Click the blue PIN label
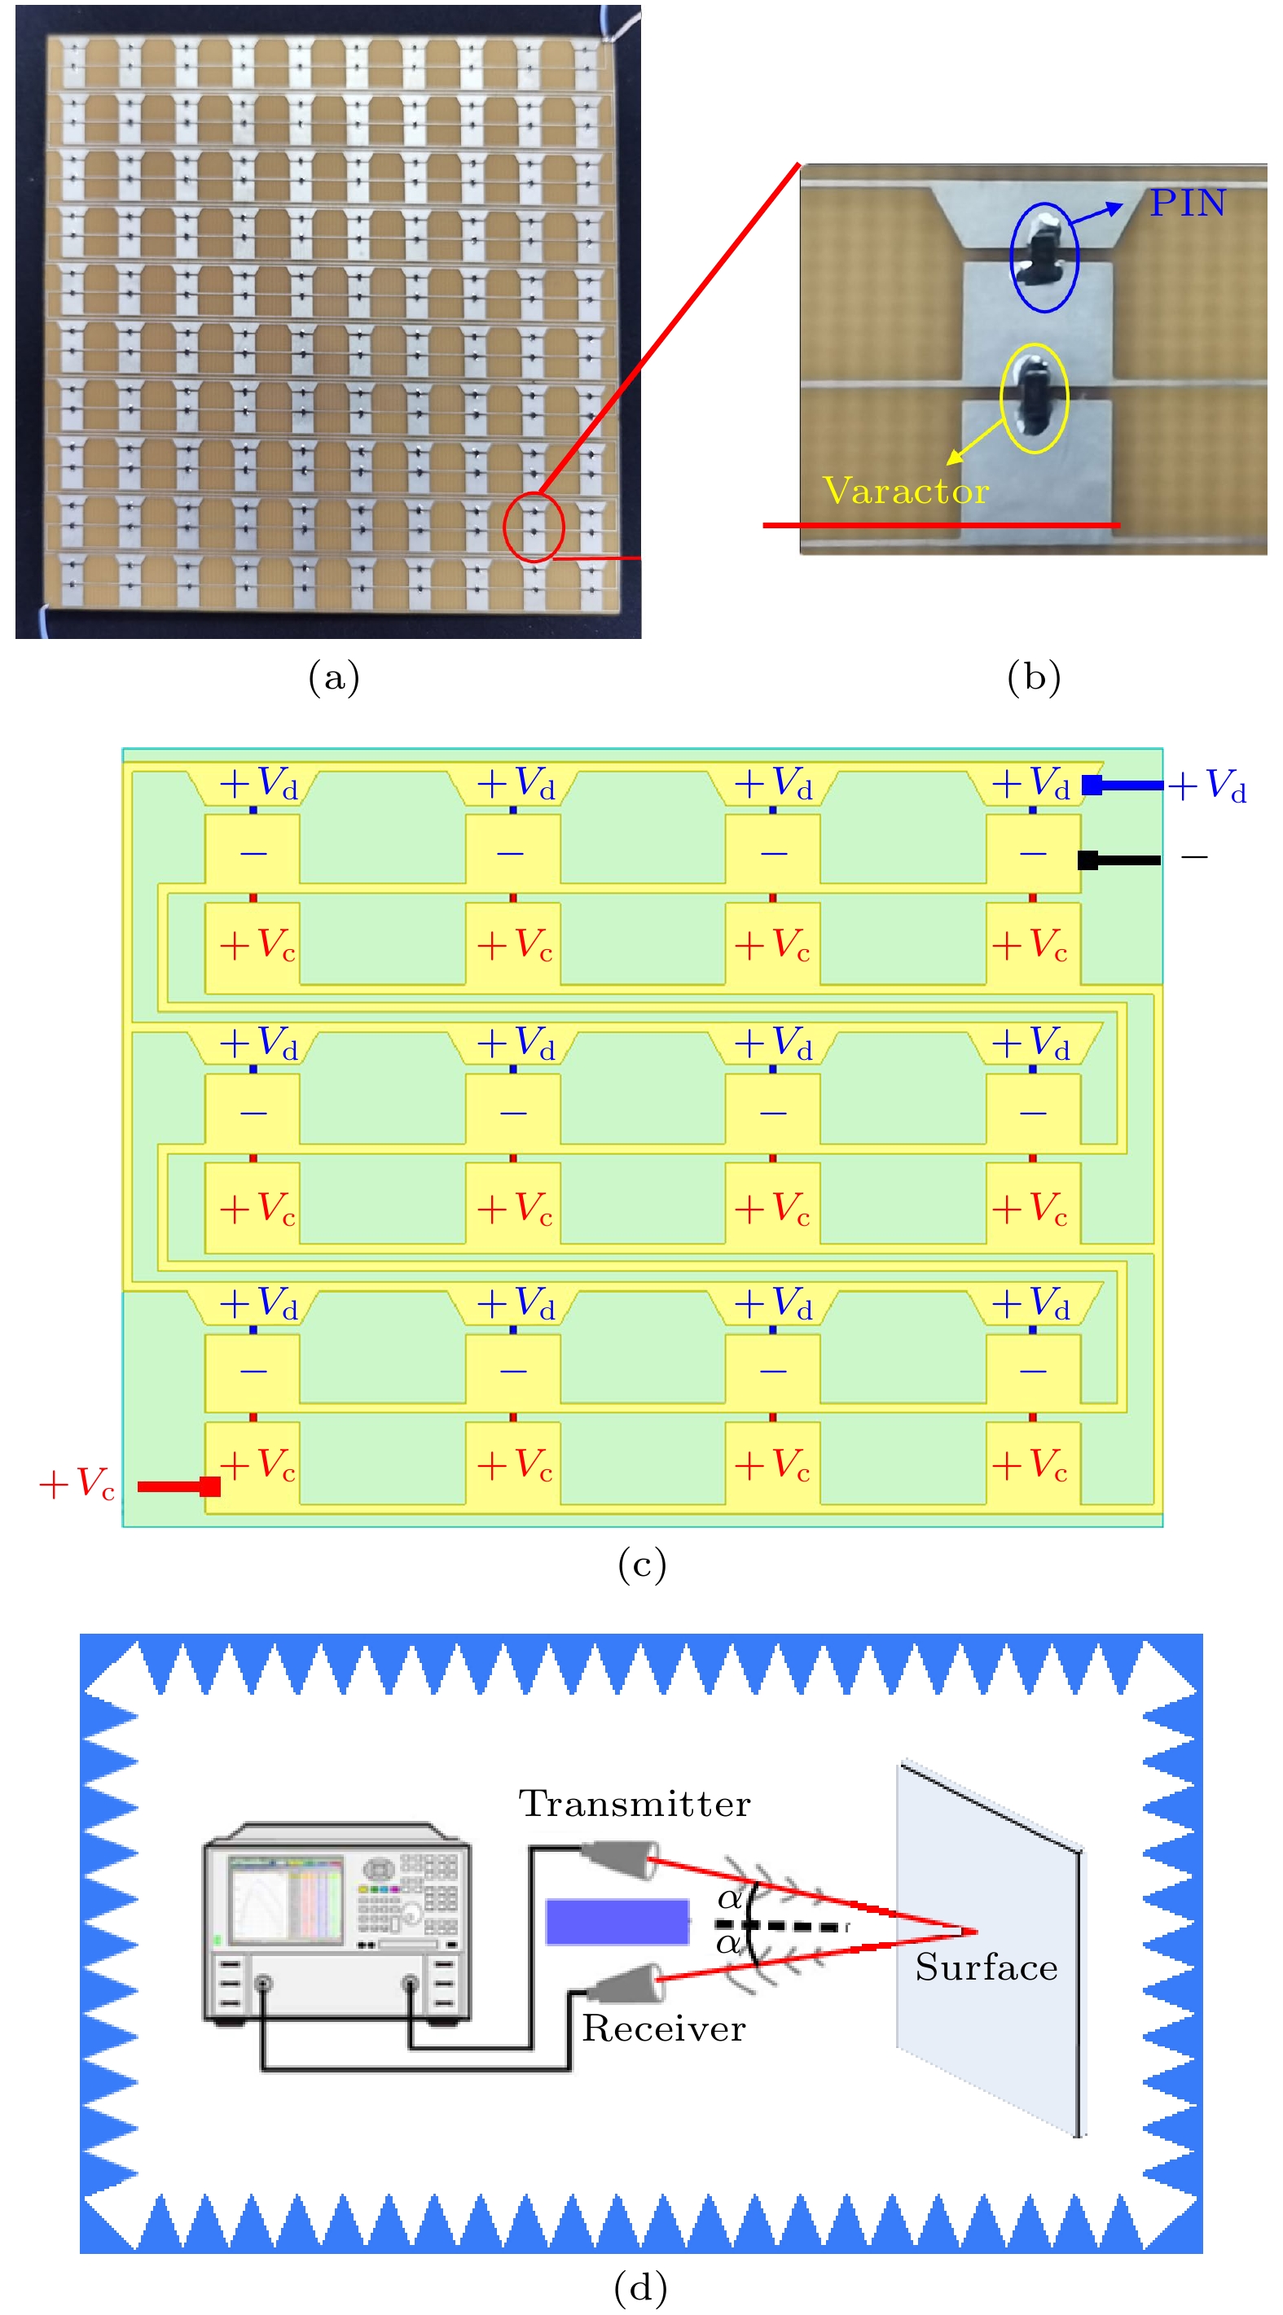(1187, 204)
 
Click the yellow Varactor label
(904, 491)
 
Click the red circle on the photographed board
(534, 527)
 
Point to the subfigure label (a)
(333, 676)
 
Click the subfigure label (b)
(1033, 676)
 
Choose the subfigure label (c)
(641, 1564)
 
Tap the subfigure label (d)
(640, 2287)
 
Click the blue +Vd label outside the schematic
(1206, 786)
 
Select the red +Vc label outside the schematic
(77, 1484)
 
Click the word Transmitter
(634, 1804)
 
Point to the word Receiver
(664, 2028)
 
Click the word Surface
(986, 1967)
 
